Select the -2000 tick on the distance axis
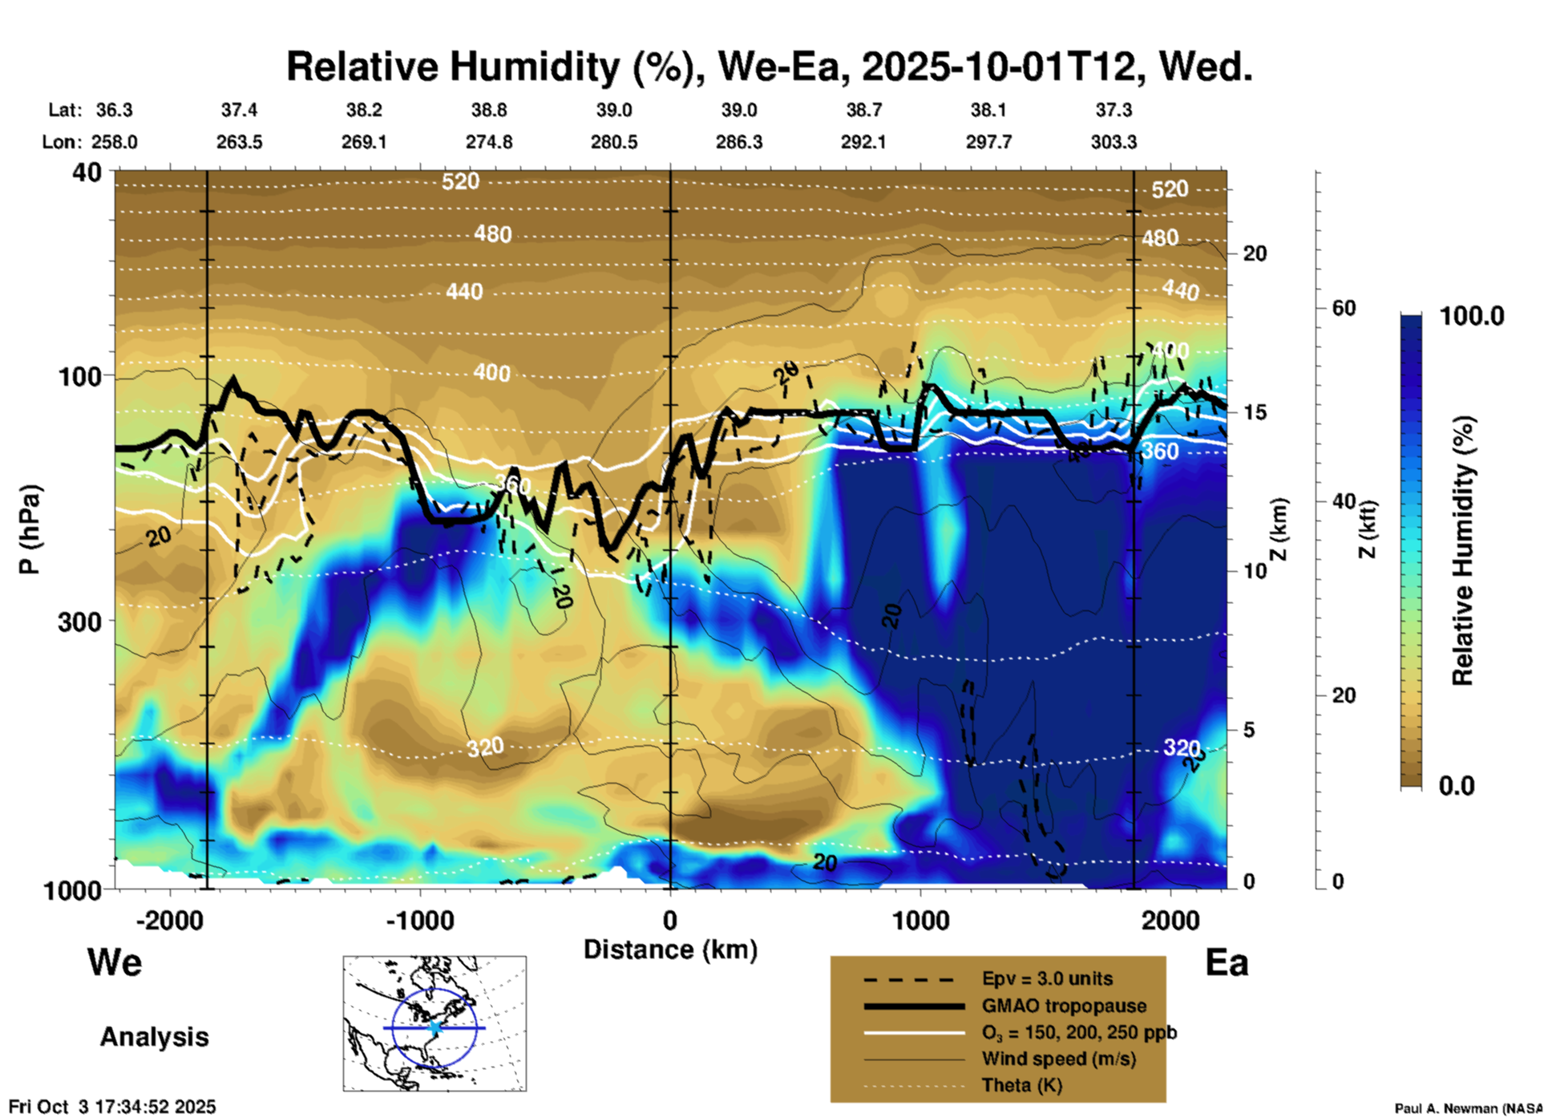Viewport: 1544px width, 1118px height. (169, 920)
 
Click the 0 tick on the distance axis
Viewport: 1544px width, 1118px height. (670, 920)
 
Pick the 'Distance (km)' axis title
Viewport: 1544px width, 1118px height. (670, 950)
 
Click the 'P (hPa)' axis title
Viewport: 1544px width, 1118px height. (30, 529)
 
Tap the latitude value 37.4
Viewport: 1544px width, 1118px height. (239, 110)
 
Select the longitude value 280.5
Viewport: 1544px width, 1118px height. (614, 142)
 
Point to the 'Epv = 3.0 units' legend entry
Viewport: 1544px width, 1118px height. (1047, 979)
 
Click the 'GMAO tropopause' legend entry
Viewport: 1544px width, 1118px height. (1064, 1006)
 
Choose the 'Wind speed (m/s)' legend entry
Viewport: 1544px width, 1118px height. (1058, 1059)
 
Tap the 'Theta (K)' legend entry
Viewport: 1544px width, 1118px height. (1022, 1085)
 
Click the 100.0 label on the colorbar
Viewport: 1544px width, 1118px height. (1472, 316)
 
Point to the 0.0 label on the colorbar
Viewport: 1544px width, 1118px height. (1457, 786)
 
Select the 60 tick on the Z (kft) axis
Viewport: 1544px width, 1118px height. (1344, 308)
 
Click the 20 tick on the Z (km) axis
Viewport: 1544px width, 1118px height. (1255, 253)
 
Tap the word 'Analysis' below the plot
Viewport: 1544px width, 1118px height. (154, 1037)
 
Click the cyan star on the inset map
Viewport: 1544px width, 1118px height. (435, 1027)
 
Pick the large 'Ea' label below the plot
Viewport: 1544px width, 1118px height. (1227, 962)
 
